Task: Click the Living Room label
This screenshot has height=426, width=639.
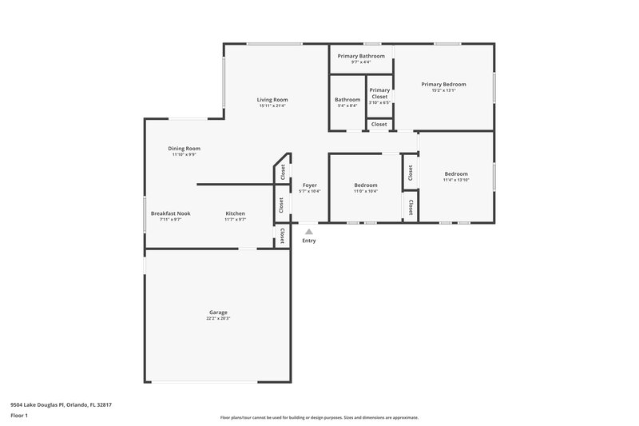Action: coord(272,99)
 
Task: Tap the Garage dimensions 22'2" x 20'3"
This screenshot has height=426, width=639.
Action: coord(219,318)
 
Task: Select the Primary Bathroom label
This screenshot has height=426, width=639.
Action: coord(361,56)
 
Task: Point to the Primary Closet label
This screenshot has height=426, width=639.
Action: coord(379,94)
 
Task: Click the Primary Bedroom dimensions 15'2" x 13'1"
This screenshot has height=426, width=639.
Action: coord(443,90)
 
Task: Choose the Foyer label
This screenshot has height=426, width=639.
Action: coord(309,185)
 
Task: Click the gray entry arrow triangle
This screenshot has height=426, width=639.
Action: coord(309,232)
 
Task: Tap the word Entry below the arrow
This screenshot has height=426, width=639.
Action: coord(309,241)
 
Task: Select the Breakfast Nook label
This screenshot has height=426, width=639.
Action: coord(170,213)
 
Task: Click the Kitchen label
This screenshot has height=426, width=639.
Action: coord(235,213)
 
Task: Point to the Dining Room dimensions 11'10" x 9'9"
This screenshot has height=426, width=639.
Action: coord(184,154)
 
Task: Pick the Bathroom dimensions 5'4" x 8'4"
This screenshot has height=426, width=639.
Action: coord(347,106)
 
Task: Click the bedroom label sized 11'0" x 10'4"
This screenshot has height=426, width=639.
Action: coord(366,185)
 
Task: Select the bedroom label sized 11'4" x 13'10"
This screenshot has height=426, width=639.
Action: coord(456,173)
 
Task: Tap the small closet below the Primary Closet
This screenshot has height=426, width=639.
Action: coord(379,124)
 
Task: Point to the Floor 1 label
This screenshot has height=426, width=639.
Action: coord(20,416)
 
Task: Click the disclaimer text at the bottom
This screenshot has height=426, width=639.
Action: coord(319,417)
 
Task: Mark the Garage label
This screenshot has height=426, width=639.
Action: coord(219,312)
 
